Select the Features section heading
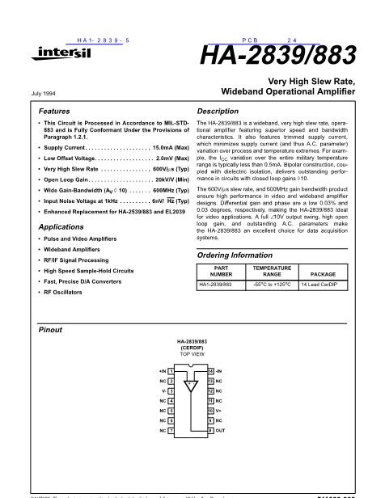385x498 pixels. (54, 110)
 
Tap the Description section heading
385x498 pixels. (218, 110)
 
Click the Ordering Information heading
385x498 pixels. (239, 255)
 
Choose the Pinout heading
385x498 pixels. (51, 330)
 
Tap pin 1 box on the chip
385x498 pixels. (171, 369)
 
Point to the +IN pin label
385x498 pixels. (161, 369)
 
